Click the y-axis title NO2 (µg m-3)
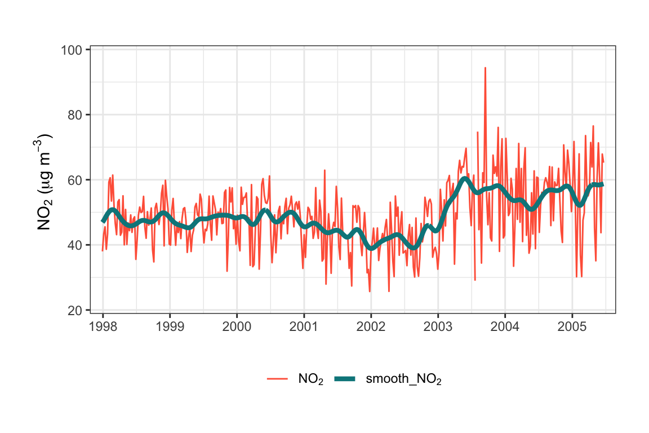pyautogui.click(x=45, y=182)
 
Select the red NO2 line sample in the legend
pyautogui.click(x=277, y=379)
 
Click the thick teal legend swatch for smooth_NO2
pyautogui.click(x=344, y=379)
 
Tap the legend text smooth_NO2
pyautogui.click(x=403, y=379)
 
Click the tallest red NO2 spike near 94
pyautogui.click(x=485, y=68)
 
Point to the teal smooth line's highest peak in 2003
pyautogui.click(x=464, y=179)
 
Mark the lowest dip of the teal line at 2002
pyautogui.click(x=371, y=248)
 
